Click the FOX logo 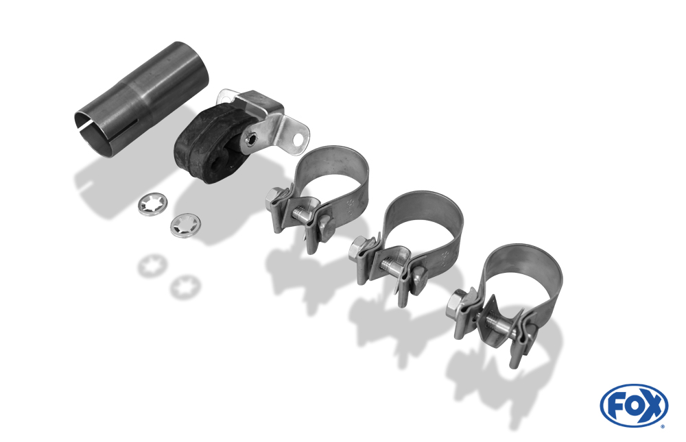tap(634, 405)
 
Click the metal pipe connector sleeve tap(141, 99)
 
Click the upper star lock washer tap(152, 205)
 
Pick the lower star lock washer tap(185, 225)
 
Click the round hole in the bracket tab tap(298, 140)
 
